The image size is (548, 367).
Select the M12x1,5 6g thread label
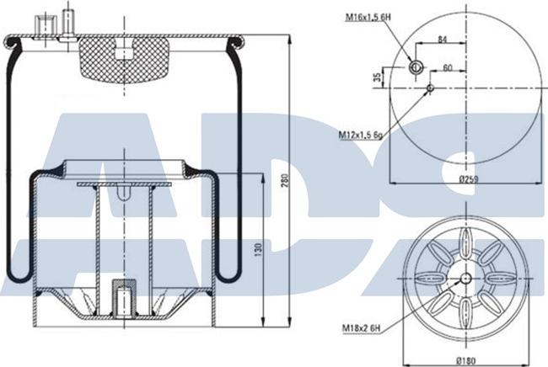point(362,134)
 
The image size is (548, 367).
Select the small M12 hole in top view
point(430,86)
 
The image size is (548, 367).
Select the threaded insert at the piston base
point(123,299)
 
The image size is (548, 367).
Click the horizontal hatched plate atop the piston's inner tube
point(124,183)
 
